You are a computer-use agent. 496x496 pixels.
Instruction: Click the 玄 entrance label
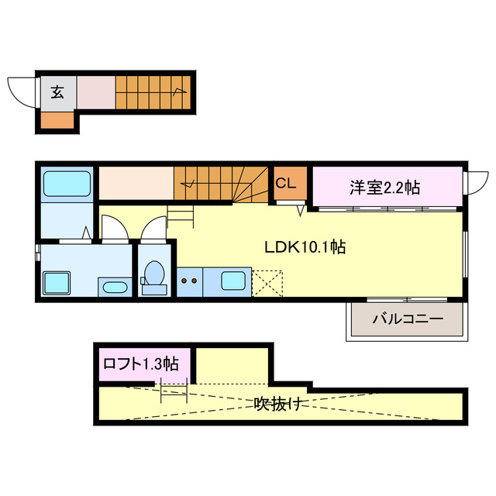(57, 93)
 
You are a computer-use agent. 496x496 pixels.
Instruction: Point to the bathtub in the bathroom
(67, 184)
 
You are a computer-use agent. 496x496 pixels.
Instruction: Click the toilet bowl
(153, 276)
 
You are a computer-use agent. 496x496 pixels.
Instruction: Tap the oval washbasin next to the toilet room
(115, 288)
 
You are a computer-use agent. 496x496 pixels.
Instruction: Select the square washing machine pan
(56, 281)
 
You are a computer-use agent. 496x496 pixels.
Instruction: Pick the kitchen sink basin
(233, 281)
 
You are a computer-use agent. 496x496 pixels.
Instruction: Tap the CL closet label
(285, 184)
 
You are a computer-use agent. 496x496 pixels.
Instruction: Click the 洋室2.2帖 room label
(384, 187)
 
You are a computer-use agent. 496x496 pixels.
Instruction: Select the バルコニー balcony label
(407, 319)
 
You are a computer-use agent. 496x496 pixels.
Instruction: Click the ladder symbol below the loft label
(174, 390)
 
